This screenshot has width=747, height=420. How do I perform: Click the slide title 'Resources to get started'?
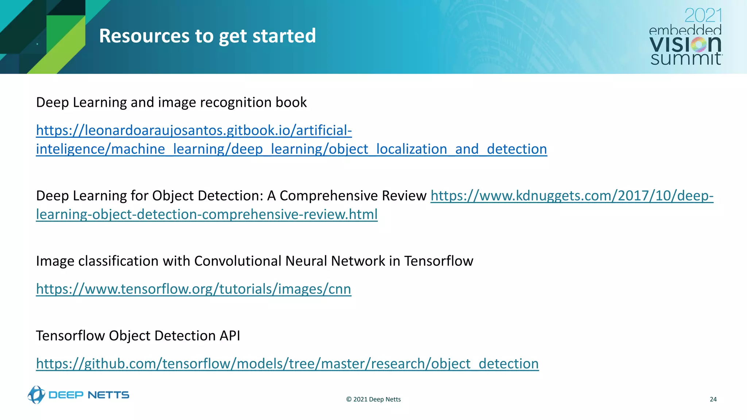pyautogui.click(x=207, y=36)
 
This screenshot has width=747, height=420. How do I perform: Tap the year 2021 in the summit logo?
pyautogui.click(x=703, y=16)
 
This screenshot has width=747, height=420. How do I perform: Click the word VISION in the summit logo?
pyautogui.click(x=685, y=44)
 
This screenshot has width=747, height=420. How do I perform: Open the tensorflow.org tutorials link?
pyautogui.click(x=193, y=289)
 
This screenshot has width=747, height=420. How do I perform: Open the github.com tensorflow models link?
pyautogui.click(x=287, y=363)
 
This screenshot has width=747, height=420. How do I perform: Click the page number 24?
pyautogui.click(x=713, y=399)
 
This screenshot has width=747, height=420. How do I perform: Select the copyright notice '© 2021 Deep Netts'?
pyautogui.click(x=373, y=399)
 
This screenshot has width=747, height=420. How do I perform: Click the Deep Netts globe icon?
pyautogui.click(x=36, y=395)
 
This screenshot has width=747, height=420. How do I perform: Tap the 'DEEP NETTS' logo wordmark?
pyautogui.click(x=89, y=395)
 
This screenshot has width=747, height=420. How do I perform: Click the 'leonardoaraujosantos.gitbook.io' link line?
pyautogui.click(x=194, y=130)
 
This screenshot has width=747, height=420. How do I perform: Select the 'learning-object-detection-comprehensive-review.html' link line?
pyautogui.click(x=206, y=214)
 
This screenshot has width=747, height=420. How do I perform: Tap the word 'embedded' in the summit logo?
pyautogui.click(x=685, y=30)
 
